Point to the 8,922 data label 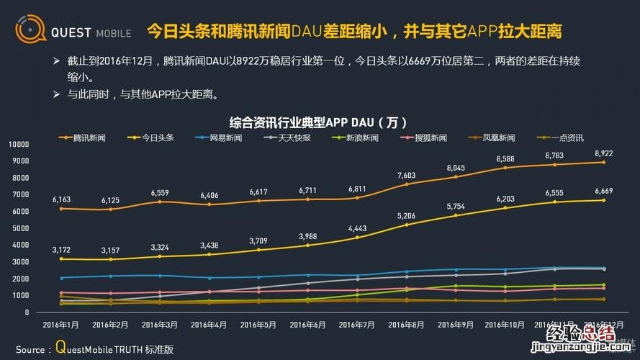click(603, 153)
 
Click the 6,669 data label click(603, 191)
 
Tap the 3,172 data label click(63, 250)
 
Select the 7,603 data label click(406, 175)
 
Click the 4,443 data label click(357, 228)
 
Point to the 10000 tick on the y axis click(19, 144)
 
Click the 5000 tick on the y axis click(21, 228)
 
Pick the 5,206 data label click(406, 215)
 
